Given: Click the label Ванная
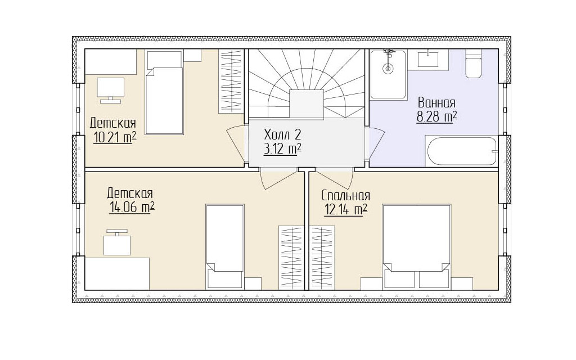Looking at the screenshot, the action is [x=436, y=102].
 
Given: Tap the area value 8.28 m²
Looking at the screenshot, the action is [x=436, y=117].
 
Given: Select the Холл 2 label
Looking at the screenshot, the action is [x=282, y=134].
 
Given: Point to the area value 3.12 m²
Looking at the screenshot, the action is [x=282, y=148].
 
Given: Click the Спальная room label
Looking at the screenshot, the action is [x=345, y=195].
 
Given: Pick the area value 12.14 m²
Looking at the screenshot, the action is [x=345, y=209].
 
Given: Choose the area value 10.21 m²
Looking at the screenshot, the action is [x=115, y=137].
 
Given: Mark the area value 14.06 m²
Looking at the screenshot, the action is [x=132, y=207].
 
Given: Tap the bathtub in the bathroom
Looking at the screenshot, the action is [x=461, y=151].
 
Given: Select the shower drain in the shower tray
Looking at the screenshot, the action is [x=388, y=68].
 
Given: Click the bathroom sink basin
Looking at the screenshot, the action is [x=428, y=60].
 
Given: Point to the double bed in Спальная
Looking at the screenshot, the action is [x=417, y=247].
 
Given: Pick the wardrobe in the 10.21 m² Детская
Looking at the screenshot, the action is [x=232, y=81].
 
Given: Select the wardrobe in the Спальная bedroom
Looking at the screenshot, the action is [x=322, y=258].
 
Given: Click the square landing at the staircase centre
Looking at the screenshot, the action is [x=307, y=104].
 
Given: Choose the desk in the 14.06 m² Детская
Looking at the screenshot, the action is [x=117, y=274].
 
